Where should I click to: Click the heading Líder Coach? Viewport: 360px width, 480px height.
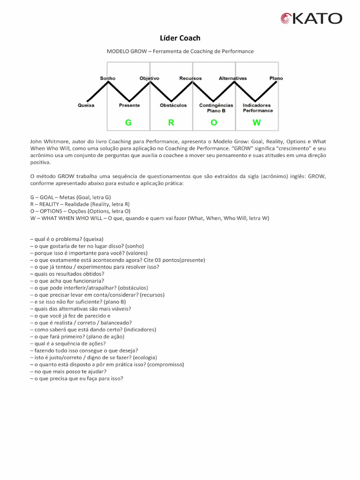[x=180, y=38]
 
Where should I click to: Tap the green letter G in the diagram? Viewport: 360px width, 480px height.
[x=128, y=123]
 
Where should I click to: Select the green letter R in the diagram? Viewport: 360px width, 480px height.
[x=171, y=123]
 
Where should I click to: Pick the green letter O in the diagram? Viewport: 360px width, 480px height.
[x=214, y=123]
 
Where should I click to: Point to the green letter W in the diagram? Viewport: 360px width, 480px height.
[x=256, y=123]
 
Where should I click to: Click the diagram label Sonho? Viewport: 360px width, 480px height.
[x=108, y=78]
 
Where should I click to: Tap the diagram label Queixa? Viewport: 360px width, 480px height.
[x=86, y=105]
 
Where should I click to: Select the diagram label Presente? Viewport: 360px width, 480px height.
[x=129, y=105]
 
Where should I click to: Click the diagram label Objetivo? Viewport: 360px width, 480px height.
[x=150, y=78]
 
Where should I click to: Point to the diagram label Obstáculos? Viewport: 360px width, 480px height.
[x=173, y=105]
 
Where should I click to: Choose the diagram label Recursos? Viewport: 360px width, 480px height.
[x=191, y=78]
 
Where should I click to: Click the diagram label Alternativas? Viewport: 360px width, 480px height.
[x=232, y=78]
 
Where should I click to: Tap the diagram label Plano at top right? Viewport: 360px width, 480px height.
[x=276, y=78]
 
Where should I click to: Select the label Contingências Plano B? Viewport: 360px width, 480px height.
[x=216, y=108]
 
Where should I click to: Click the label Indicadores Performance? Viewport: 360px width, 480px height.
[x=257, y=108]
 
